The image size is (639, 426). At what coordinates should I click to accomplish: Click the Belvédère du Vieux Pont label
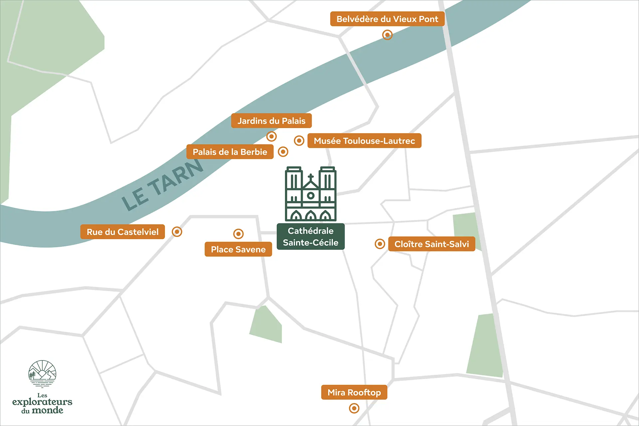[387, 19]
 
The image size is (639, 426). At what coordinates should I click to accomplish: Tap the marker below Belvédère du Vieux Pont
[387, 35]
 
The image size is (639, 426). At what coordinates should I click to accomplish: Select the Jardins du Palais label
[271, 120]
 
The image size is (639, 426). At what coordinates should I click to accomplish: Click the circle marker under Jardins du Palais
[272, 136]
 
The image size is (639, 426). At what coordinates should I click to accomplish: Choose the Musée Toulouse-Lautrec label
[364, 141]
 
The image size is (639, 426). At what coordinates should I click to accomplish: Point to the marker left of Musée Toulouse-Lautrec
[299, 140]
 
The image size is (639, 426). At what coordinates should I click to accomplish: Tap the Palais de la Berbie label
[230, 152]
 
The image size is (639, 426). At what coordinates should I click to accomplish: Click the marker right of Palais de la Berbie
[283, 152]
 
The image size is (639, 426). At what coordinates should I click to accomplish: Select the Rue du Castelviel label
[122, 232]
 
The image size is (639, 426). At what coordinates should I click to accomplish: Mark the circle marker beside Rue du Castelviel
[177, 231]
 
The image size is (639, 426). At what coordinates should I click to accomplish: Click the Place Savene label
[238, 249]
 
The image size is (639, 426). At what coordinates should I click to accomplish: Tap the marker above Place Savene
[238, 234]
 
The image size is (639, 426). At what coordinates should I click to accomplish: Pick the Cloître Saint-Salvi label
[431, 244]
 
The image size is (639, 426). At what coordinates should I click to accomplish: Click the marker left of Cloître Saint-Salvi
[379, 244]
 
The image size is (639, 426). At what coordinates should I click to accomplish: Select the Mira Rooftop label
[354, 392]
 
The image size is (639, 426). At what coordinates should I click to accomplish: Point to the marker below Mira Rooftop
[354, 408]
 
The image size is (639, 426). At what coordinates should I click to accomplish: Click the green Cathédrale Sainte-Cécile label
[311, 237]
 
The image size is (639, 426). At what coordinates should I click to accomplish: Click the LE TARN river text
[163, 184]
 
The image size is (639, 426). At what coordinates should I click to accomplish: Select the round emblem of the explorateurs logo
[42, 374]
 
